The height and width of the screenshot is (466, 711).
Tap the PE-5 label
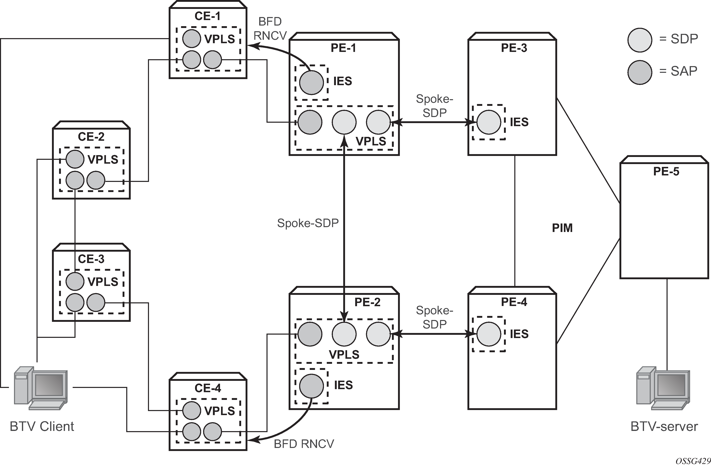click(x=666, y=171)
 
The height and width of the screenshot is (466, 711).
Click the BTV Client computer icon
click(x=41, y=388)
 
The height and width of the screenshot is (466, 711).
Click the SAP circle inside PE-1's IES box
click(x=311, y=82)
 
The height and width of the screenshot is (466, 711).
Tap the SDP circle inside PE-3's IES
click(x=489, y=122)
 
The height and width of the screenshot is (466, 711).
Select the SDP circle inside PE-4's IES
click(x=489, y=334)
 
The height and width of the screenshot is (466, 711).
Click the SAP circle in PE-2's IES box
click(x=311, y=386)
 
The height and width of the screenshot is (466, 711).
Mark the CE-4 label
click(x=208, y=388)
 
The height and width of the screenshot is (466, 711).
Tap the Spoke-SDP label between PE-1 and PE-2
click(x=308, y=223)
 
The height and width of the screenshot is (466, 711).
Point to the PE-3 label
click(x=514, y=48)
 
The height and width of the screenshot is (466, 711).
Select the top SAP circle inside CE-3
click(x=75, y=281)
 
